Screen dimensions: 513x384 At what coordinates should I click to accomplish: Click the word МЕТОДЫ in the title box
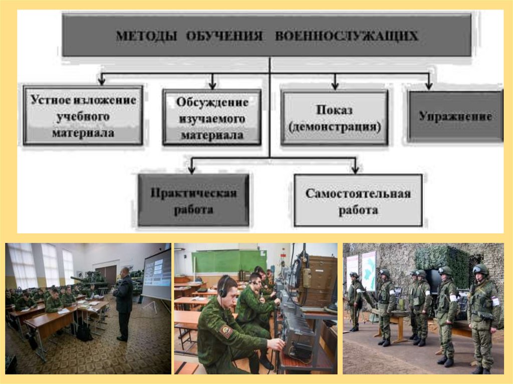146,36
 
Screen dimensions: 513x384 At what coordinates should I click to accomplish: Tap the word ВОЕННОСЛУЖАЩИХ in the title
347,36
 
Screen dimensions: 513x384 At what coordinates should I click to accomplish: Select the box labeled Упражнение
455,117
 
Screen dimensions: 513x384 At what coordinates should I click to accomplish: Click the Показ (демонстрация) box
334,118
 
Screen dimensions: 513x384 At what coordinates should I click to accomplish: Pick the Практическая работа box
193,200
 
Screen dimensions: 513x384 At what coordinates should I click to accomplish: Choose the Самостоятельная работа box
358,200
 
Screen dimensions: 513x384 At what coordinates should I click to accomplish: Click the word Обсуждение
212,102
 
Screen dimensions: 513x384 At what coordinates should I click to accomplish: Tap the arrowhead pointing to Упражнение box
429,86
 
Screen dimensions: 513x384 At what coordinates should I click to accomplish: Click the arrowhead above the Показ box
334,86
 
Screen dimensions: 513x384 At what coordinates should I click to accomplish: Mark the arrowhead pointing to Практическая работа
192,170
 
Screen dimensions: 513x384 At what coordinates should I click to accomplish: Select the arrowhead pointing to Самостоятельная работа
355,170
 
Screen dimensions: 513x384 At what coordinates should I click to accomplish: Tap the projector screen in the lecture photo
157,274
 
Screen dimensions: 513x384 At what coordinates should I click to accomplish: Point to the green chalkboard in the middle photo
229,261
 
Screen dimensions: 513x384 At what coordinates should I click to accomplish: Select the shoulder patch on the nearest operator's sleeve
226,331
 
